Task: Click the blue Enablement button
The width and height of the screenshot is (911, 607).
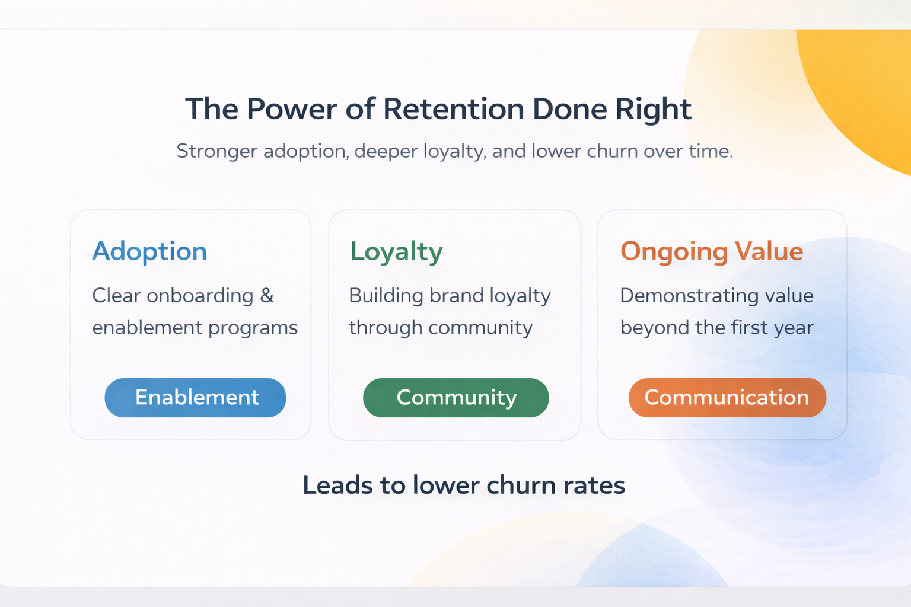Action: click(x=196, y=397)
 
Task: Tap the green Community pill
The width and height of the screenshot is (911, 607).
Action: click(x=455, y=397)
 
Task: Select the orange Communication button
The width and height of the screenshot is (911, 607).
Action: click(x=727, y=397)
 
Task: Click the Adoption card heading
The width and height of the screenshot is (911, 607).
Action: click(x=149, y=251)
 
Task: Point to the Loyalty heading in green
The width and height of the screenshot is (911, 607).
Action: click(x=396, y=251)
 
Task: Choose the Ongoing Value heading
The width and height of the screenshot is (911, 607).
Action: click(x=711, y=251)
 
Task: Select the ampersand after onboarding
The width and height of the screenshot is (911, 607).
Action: click(x=267, y=295)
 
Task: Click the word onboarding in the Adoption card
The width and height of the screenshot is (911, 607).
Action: click(x=200, y=295)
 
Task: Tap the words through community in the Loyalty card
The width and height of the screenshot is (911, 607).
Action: click(x=440, y=328)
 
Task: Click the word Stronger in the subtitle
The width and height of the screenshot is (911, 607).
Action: click(x=216, y=151)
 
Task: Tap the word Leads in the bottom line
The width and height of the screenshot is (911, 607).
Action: click(x=337, y=485)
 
